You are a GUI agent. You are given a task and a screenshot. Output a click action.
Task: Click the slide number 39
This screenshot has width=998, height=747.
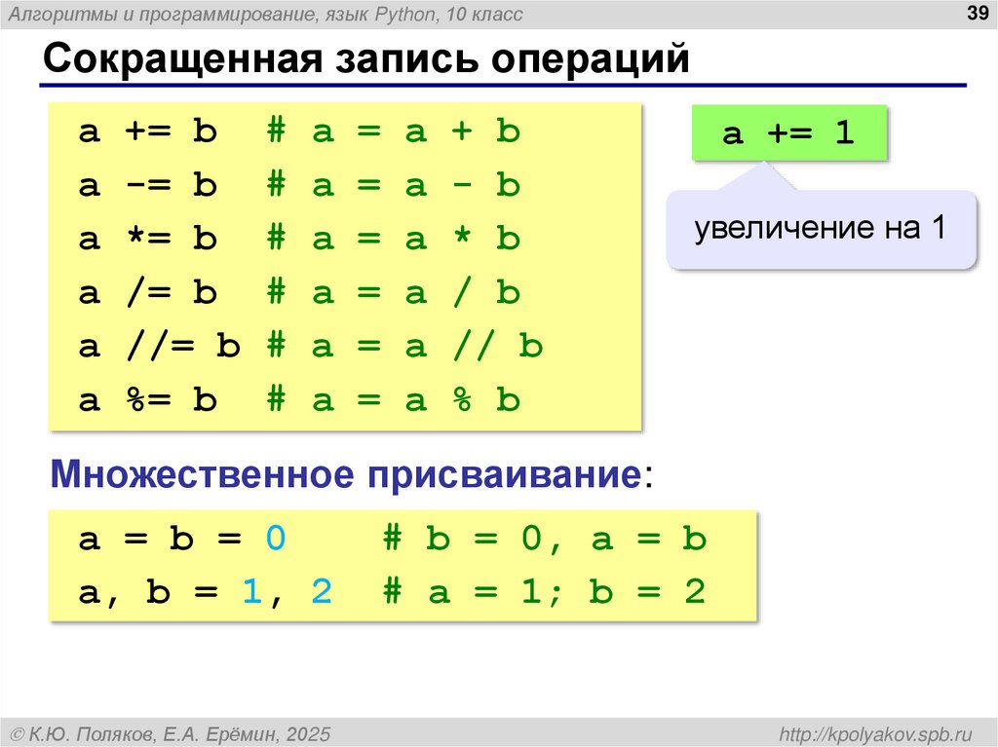pos(976,13)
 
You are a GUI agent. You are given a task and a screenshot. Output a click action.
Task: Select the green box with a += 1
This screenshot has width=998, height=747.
pos(789,132)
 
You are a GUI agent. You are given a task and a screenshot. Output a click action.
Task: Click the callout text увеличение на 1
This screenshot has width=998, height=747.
pos(820,230)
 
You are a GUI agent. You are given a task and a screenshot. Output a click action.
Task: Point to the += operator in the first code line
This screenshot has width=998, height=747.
pos(145,132)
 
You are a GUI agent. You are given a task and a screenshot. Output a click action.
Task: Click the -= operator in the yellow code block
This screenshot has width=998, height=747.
pos(145,186)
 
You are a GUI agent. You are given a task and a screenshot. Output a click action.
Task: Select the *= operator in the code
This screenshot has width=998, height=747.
pos(145,240)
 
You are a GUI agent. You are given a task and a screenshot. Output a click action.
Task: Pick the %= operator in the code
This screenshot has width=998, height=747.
pos(145,400)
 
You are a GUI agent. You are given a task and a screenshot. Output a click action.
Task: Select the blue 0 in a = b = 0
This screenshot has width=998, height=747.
pos(275,540)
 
